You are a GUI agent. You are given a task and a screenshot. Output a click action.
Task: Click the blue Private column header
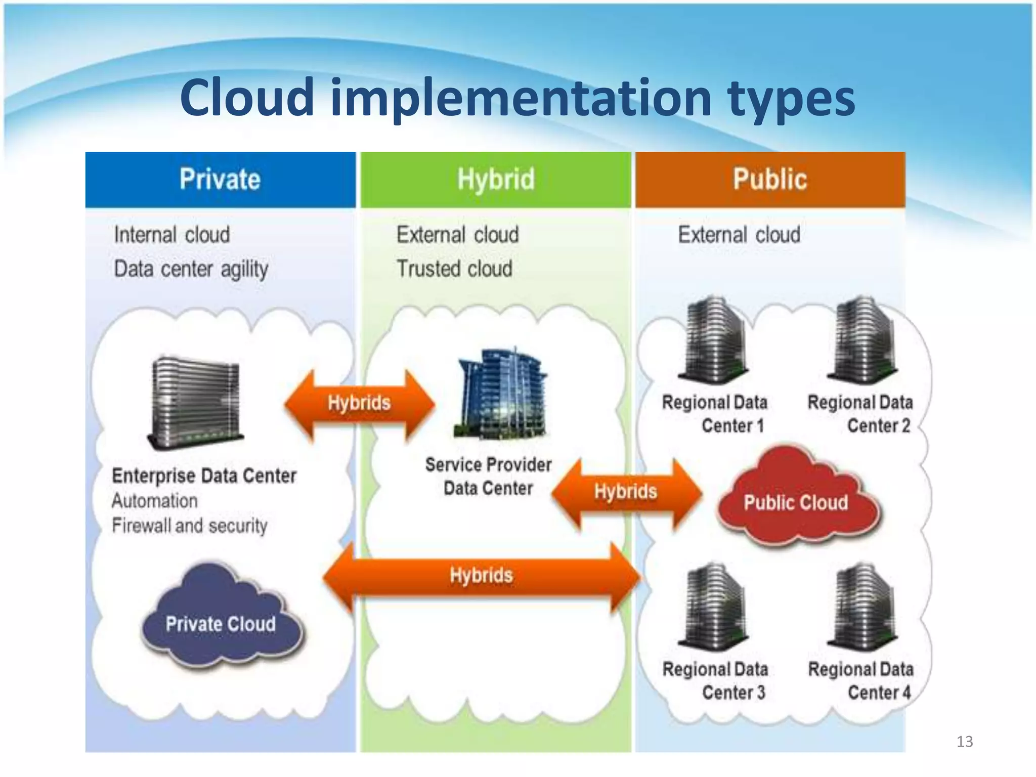click(x=221, y=180)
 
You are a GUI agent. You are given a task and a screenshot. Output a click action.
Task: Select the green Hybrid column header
click(x=496, y=180)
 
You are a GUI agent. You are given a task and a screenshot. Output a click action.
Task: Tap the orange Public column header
click(x=770, y=180)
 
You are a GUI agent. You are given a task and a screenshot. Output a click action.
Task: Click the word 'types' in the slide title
click(x=791, y=99)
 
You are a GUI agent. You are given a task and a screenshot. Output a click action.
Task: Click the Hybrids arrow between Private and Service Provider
click(x=359, y=403)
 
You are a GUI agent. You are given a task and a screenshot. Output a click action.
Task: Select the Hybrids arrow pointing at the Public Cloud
click(x=626, y=491)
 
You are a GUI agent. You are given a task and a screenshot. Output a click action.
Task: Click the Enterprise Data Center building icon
click(x=195, y=402)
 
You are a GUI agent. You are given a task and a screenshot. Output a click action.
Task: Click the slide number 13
click(x=965, y=742)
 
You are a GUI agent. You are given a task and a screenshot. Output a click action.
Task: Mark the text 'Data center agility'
click(x=191, y=269)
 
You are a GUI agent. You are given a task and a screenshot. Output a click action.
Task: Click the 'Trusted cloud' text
click(x=454, y=269)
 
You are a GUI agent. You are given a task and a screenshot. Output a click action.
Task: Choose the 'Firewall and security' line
click(x=190, y=526)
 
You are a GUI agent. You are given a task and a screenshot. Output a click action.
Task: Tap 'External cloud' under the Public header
click(x=739, y=235)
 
